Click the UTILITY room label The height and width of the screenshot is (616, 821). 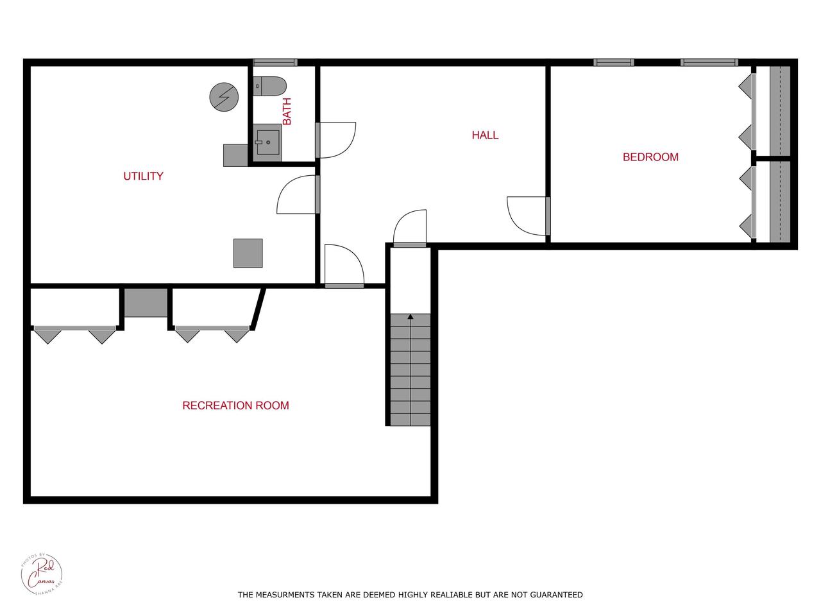(x=143, y=176)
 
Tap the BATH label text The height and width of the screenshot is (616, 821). (x=287, y=111)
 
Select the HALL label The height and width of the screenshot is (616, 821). (x=485, y=135)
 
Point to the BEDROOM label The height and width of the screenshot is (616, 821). (x=650, y=157)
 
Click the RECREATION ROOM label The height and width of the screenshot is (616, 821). (x=235, y=406)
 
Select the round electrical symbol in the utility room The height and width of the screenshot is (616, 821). (x=224, y=97)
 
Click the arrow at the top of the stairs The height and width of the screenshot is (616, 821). (x=410, y=317)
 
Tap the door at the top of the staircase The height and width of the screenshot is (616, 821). (x=410, y=228)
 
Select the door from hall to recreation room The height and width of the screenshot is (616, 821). (x=344, y=266)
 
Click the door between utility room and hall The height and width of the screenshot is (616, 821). (x=297, y=195)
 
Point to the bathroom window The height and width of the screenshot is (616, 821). (x=275, y=62)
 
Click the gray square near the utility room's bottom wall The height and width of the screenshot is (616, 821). (x=248, y=253)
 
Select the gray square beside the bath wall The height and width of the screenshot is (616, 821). (x=235, y=155)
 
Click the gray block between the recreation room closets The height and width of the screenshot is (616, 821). (x=146, y=302)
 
